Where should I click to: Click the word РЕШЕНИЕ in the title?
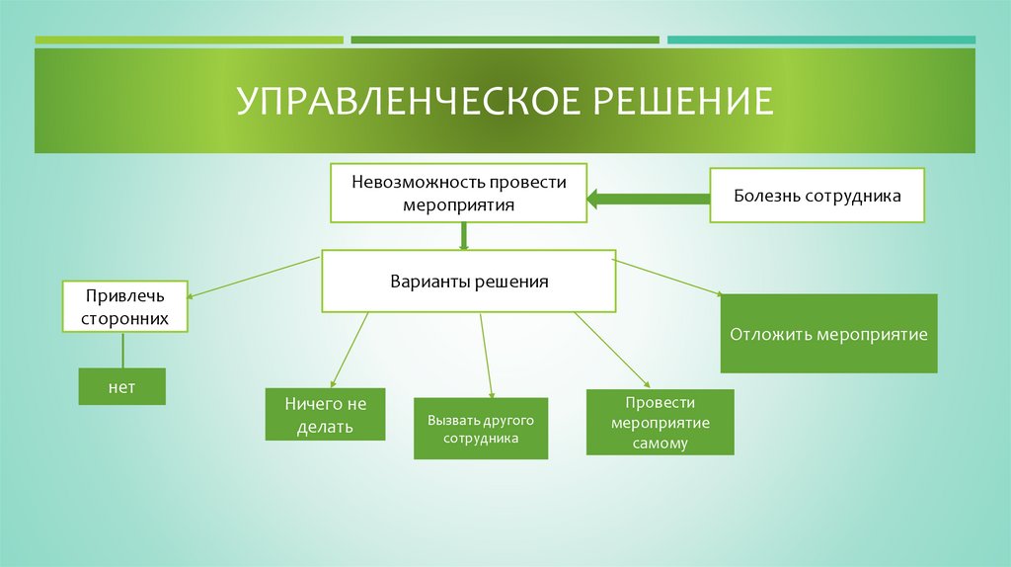(x=682, y=102)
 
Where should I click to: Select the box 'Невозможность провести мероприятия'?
(x=458, y=194)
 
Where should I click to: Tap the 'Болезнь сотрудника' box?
(x=817, y=196)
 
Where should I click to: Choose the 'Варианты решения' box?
(x=469, y=282)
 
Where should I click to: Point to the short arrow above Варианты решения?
(x=463, y=236)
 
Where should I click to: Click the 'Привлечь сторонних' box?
(x=125, y=307)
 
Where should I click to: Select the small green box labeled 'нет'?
(x=121, y=387)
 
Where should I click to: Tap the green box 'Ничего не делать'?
(x=325, y=414)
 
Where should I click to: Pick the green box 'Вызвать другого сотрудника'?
(x=481, y=429)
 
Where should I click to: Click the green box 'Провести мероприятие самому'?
(x=660, y=422)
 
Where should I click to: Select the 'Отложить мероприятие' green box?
(x=828, y=334)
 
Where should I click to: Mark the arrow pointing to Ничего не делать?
(x=350, y=349)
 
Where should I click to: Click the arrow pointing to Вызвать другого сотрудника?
(x=485, y=356)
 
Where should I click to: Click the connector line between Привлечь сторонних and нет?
(x=122, y=350)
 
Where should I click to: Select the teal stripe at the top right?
(x=820, y=40)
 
